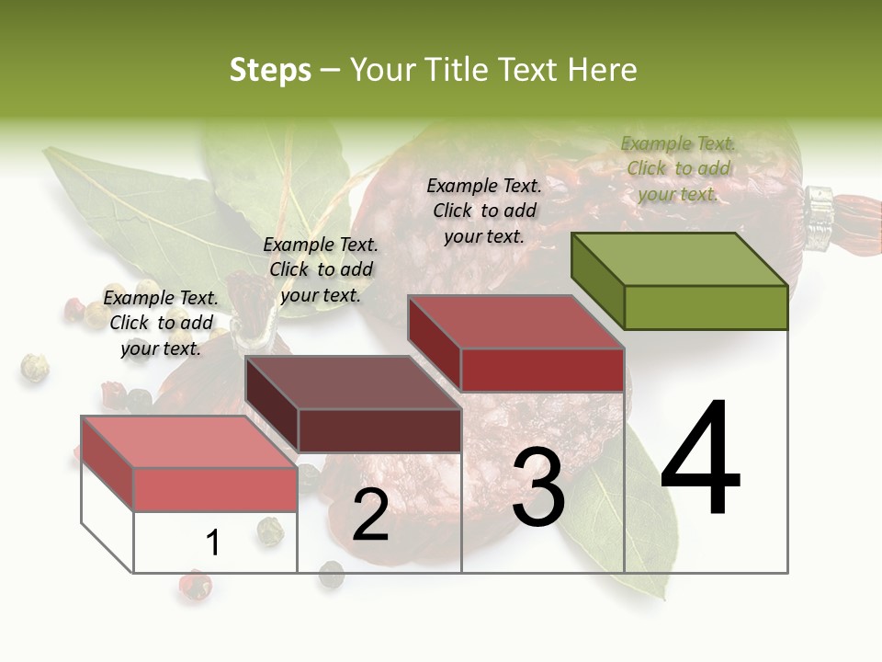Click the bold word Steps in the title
click(x=270, y=70)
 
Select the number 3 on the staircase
click(x=538, y=487)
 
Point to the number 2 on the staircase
click(x=370, y=515)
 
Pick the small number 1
click(x=213, y=542)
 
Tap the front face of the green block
click(x=706, y=307)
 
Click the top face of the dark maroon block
click(x=354, y=382)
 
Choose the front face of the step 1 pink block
click(x=215, y=488)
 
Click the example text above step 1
click(x=161, y=323)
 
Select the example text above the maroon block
click(x=321, y=269)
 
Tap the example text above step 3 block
click(x=484, y=211)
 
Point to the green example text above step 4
click(x=678, y=168)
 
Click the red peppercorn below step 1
click(x=195, y=584)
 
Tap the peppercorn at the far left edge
click(x=34, y=367)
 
